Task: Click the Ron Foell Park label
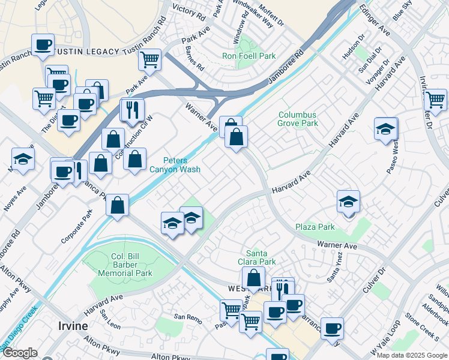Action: (249, 56)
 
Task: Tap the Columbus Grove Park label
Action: (298, 119)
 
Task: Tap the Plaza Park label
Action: (315, 227)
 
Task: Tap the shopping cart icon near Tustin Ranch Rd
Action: (149, 59)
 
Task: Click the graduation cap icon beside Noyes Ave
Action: (23, 159)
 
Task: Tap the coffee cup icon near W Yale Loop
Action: (332, 328)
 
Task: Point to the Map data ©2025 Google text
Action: (411, 355)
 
